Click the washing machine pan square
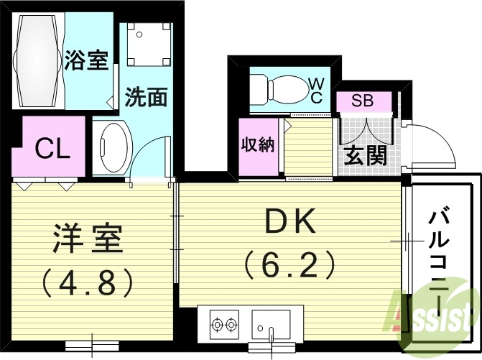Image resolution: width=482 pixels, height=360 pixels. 150,43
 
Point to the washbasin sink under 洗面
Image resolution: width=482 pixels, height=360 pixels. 111,147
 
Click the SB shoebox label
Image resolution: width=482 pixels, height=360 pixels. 362,101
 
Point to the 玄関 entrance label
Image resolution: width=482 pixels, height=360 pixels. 365,155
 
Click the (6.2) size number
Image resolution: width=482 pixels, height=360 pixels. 290,265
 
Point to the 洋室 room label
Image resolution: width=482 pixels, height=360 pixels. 88,240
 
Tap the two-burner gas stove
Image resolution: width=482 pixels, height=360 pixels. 225,325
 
